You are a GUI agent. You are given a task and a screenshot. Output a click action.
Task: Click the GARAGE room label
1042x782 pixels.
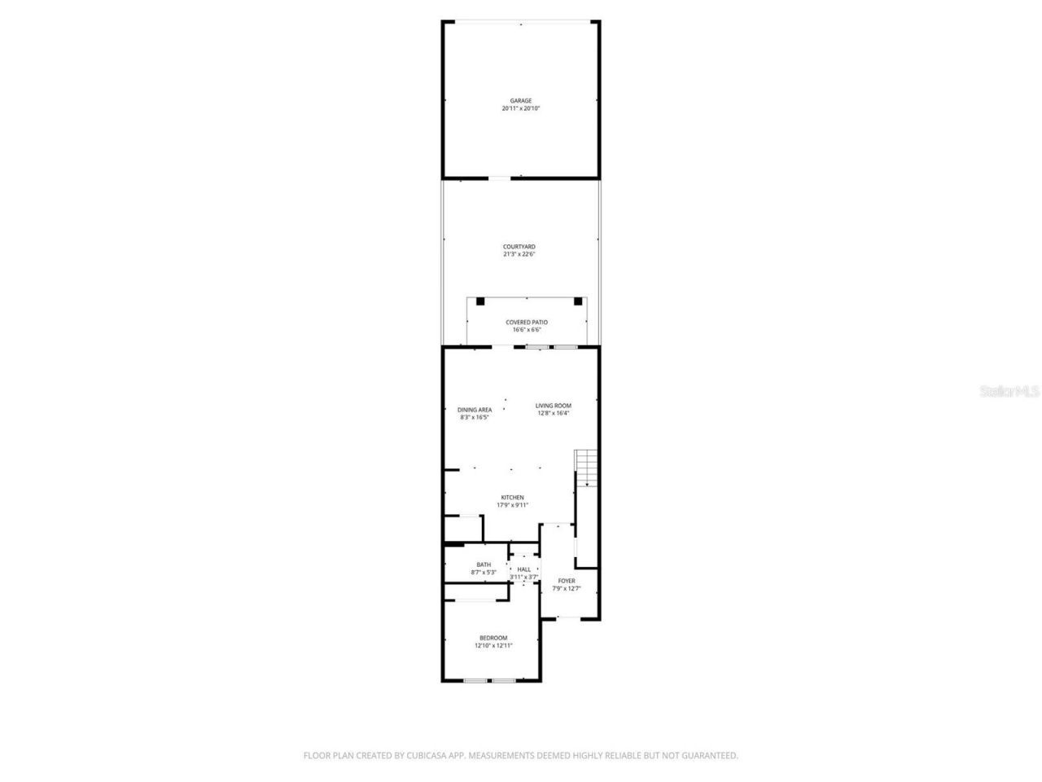(520, 101)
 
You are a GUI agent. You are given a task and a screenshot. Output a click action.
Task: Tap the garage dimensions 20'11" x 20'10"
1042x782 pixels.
(520, 108)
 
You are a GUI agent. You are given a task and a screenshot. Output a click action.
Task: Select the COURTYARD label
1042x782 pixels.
(519, 246)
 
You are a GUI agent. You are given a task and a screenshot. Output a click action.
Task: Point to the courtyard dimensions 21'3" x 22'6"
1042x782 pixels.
(519, 254)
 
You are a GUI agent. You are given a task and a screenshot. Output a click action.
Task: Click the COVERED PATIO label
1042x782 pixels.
(527, 323)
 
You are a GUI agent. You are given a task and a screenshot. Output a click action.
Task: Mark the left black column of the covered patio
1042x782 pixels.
(480, 301)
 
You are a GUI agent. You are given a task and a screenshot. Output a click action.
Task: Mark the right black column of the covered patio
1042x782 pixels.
(578, 301)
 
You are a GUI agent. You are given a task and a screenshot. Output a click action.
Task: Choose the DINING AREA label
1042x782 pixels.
(474, 410)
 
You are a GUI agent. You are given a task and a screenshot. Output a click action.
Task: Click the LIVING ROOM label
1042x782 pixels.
(553, 406)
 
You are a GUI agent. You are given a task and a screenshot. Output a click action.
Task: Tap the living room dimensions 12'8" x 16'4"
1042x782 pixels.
(553, 413)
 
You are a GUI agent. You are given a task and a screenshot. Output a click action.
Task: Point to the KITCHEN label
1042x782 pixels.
(512, 498)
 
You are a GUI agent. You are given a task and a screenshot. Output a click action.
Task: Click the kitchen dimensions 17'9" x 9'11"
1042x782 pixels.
(512, 505)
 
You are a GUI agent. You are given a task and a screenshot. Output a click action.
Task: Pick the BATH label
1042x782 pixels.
(484, 565)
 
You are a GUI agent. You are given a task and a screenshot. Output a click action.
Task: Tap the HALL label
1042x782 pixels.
(524, 569)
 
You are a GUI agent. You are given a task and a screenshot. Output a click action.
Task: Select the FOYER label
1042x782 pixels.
(567, 581)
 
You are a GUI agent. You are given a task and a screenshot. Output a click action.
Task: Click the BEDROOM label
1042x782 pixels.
(493, 638)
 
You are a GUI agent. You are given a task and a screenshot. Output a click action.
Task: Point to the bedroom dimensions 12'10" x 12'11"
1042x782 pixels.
(493, 646)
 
